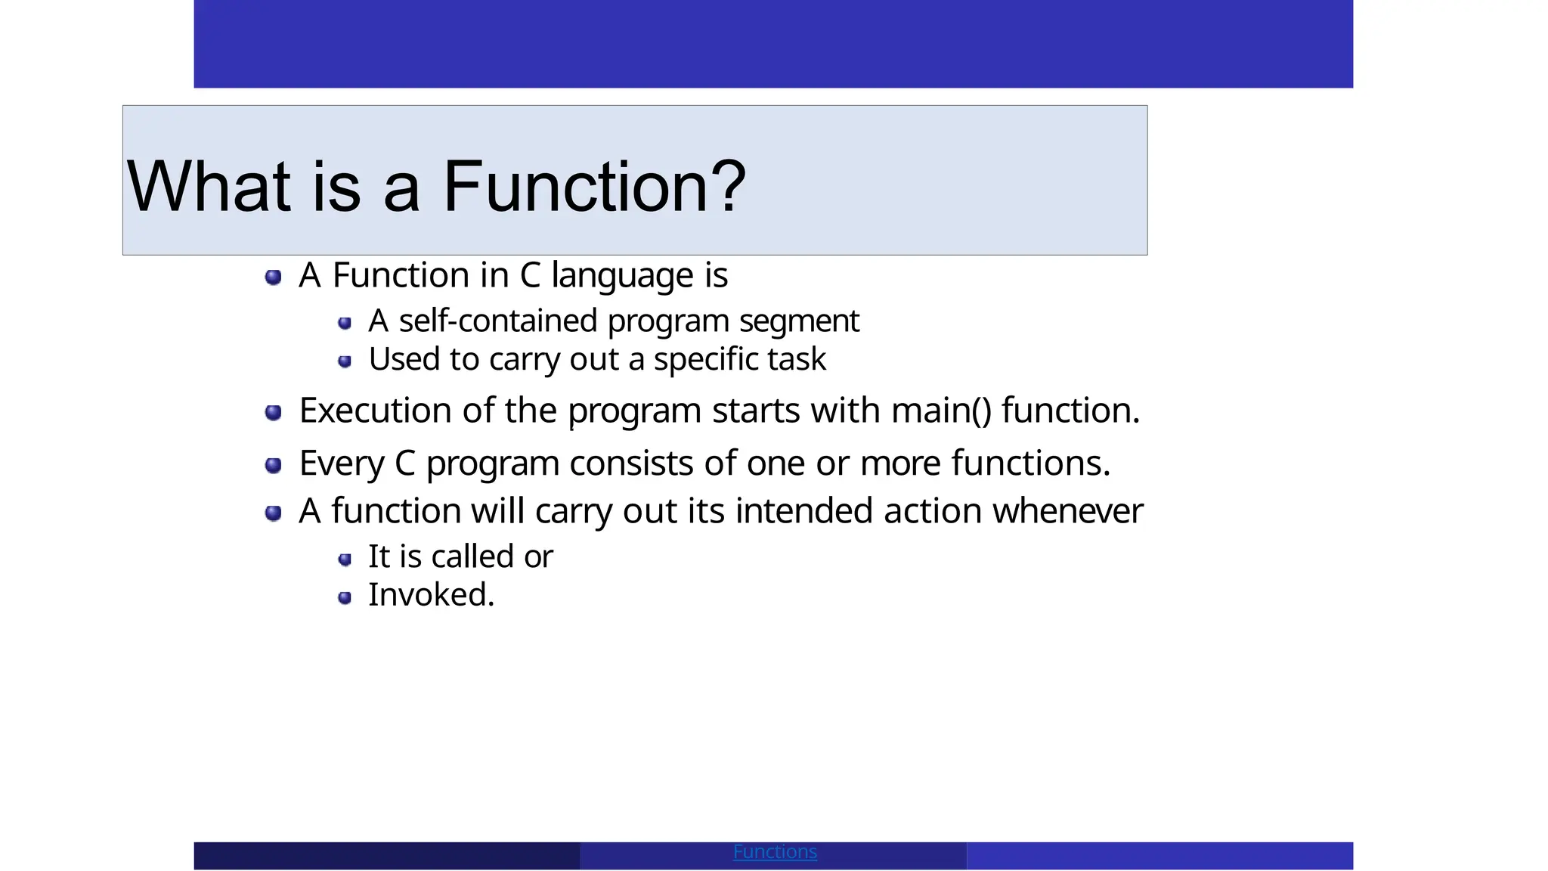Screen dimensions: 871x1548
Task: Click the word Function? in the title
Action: pyautogui.click(x=594, y=186)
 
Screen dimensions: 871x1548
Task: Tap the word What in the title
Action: pyautogui.click(x=209, y=186)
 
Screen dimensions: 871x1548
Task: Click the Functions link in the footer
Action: pyautogui.click(x=775, y=852)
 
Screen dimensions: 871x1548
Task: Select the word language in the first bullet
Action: pyautogui.click(x=623, y=275)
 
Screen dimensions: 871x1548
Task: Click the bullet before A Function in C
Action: pyautogui.click(x=274, y=277)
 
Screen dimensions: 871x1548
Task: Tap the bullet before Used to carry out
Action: pyautogui.click(x=345, y=361)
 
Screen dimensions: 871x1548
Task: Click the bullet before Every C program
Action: pyautogui.click(x=274, y=465)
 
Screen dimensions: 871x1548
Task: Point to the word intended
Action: pyautogui.click(x=804, y=511)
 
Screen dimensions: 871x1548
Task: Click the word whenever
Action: pyautogui.click(x=1067, y=511)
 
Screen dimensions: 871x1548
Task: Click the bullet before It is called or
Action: pyautogui.click(x=345, y=559)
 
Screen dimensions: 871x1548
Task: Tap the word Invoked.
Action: pyautogui.click(x=431, y=595)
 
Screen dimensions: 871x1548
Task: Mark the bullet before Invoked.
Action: pyautogui.click(x=345, y=598)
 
